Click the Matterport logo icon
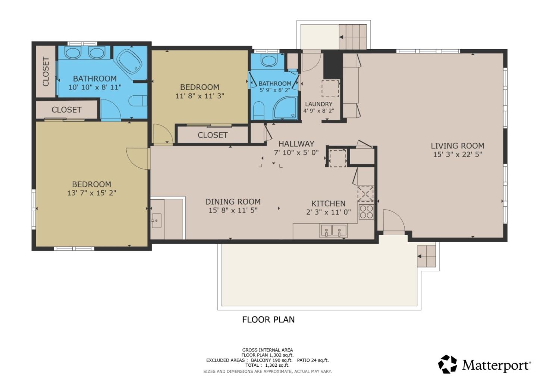pos(447,364)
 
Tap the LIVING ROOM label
pos(457,146)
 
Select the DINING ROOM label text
pos(233,202)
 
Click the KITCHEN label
pos(328,203)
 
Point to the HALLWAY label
pos(296,143)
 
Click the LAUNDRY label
pos(318,104)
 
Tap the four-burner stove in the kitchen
pos(366,212)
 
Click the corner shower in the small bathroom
pos(285,108)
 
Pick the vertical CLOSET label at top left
pos(46,72)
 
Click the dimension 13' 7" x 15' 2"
pos(91,193)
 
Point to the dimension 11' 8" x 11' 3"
pos(200,96)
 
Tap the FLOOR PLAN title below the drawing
pos(268,319)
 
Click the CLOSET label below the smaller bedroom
pos(212,135)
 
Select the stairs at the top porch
pos(353,37)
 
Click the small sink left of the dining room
pos(156,221)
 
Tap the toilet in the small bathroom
pos(258,110)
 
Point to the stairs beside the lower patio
pos(426,256)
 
